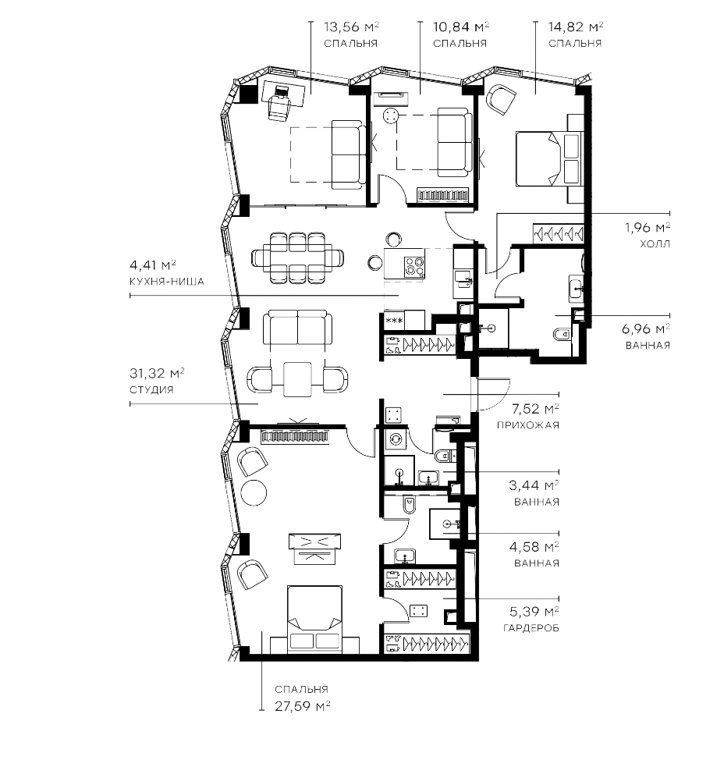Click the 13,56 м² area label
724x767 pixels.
pos(351,27)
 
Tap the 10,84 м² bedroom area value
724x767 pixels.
pos(461,27)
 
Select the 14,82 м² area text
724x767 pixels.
pos(575,27)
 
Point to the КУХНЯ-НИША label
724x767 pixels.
pos(167,282)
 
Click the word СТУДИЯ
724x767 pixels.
pos(151,390)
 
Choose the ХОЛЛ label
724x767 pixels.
pos(655,243)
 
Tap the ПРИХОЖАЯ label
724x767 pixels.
pos(528,425)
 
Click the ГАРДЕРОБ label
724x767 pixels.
pos(531,628)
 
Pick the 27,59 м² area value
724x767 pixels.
pos(303,706)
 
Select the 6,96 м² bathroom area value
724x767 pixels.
pos(646,328)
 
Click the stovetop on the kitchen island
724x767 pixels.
pos(413,267)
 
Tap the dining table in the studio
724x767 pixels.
pos(297,257)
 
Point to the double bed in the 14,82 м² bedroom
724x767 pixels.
pos(549,158)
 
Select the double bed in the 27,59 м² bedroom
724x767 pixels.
pos(315,619)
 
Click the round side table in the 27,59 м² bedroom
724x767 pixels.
pos(254,494)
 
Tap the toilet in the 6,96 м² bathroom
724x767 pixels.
pos(562,335)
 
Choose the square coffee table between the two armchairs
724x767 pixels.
pos(297,379)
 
